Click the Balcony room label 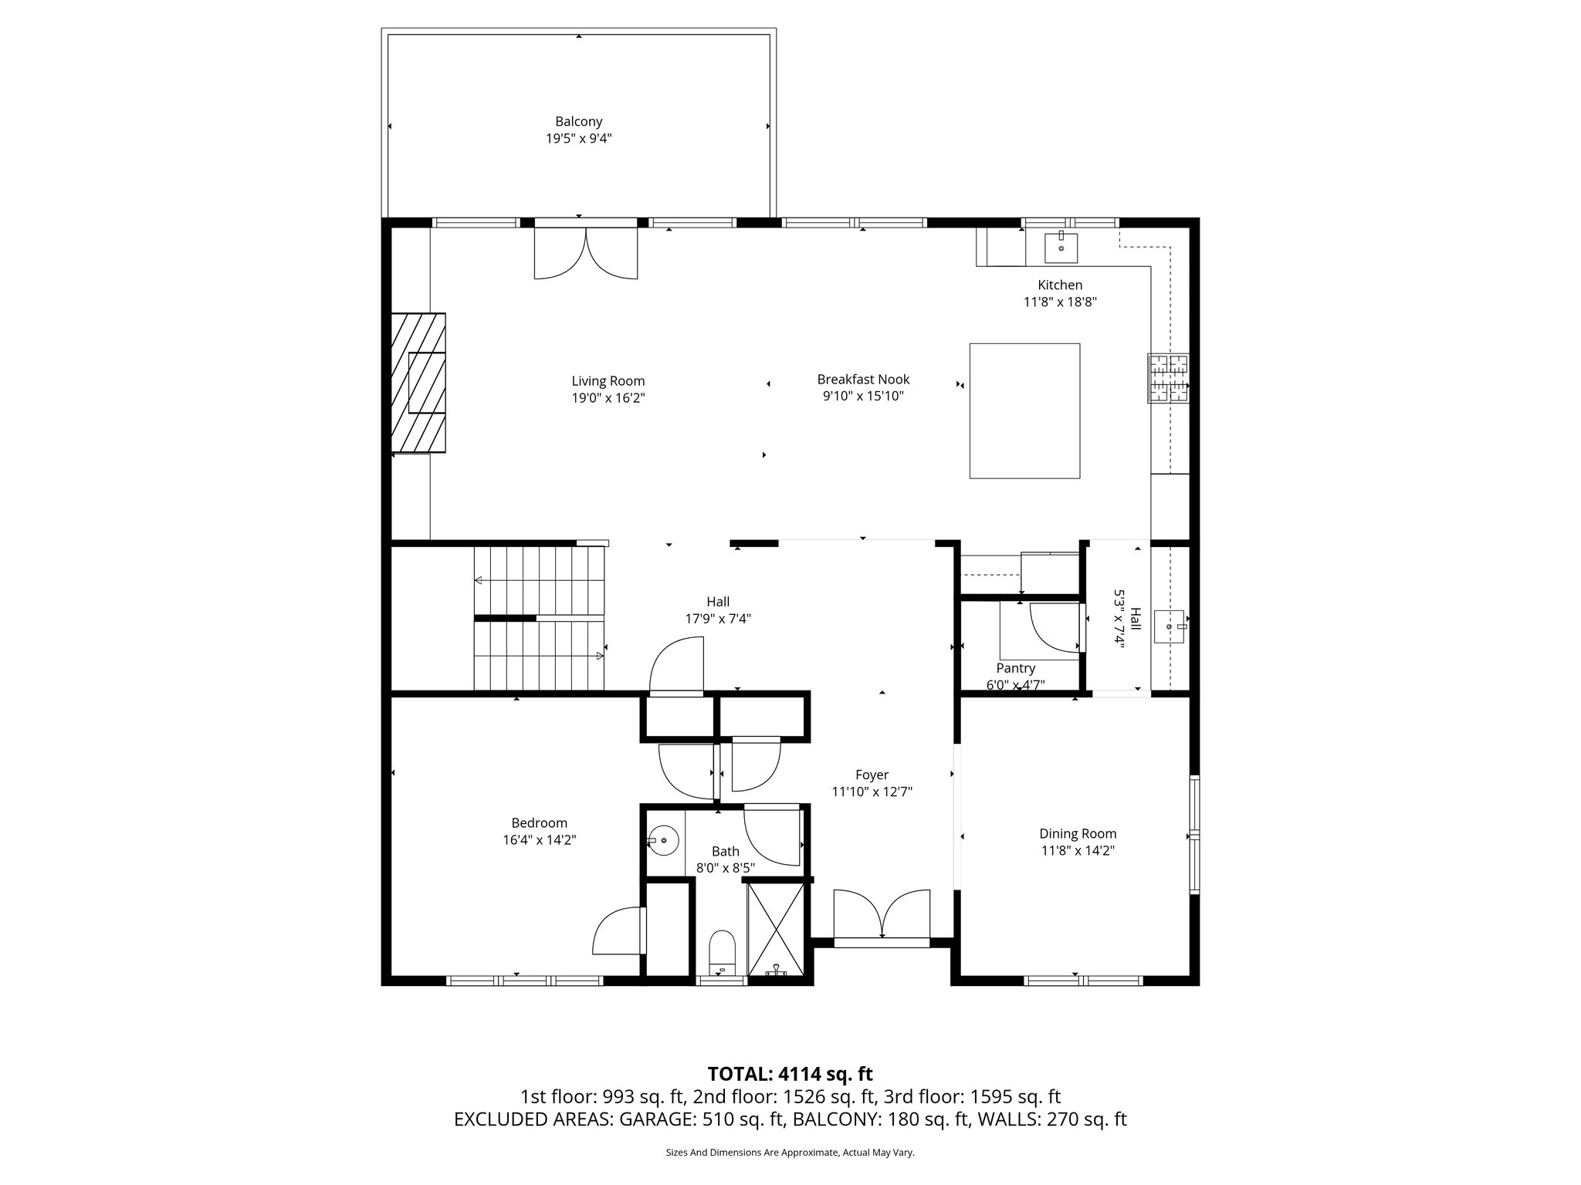pyautogui.click(x=578, y=121)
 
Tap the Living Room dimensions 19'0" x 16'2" pyautogui.click(x=608, y=398)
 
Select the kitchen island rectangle pyautogui.click(x=1024, y=410)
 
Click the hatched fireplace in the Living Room pyautogui.click(x=418, y=382)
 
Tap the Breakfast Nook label pyautogui.click(x=863, y=379)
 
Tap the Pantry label pyautogui.click(x=1015, y=668)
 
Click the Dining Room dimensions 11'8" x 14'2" pyautogui.click(x=1078, y=850)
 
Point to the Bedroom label pyautogui.click(x=539, y=822)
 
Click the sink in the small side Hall pyautogui.click(x=1169, y=626)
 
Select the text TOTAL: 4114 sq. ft pyautogui.click(x=790, y=1073)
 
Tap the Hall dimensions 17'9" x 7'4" pyautogui.click(x=717, y=618)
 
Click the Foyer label pyautogui.click(x=872, y=775)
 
